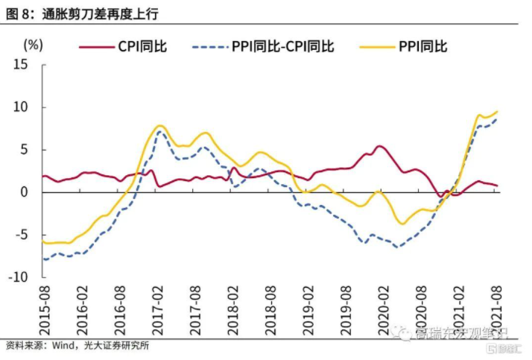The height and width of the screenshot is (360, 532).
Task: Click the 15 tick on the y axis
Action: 21,65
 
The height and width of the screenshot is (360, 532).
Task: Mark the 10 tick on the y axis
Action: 21,107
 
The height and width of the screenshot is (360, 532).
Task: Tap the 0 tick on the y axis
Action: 25,192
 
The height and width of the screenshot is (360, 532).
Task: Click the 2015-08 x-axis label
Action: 45,309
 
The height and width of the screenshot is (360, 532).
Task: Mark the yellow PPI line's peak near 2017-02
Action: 160,125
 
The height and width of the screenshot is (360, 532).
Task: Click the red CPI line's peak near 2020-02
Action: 379,146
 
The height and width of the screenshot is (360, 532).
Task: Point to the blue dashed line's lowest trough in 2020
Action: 397,247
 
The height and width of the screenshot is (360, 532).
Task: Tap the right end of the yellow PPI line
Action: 497,112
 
